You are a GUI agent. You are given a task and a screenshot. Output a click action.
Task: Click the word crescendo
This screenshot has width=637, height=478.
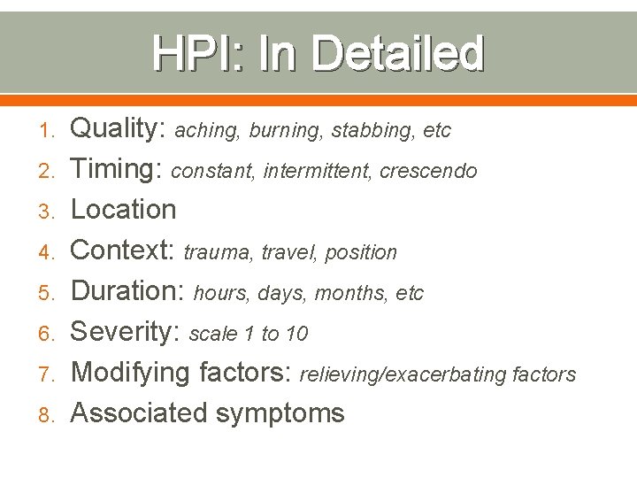click(x=428, y=171)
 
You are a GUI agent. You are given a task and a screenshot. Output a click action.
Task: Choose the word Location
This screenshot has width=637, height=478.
click(x=123, y=210)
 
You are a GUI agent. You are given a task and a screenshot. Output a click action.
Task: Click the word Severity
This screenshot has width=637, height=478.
click(x=125, y=332)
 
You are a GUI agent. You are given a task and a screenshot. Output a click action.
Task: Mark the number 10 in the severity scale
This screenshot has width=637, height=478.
click(x=297, y=334)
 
